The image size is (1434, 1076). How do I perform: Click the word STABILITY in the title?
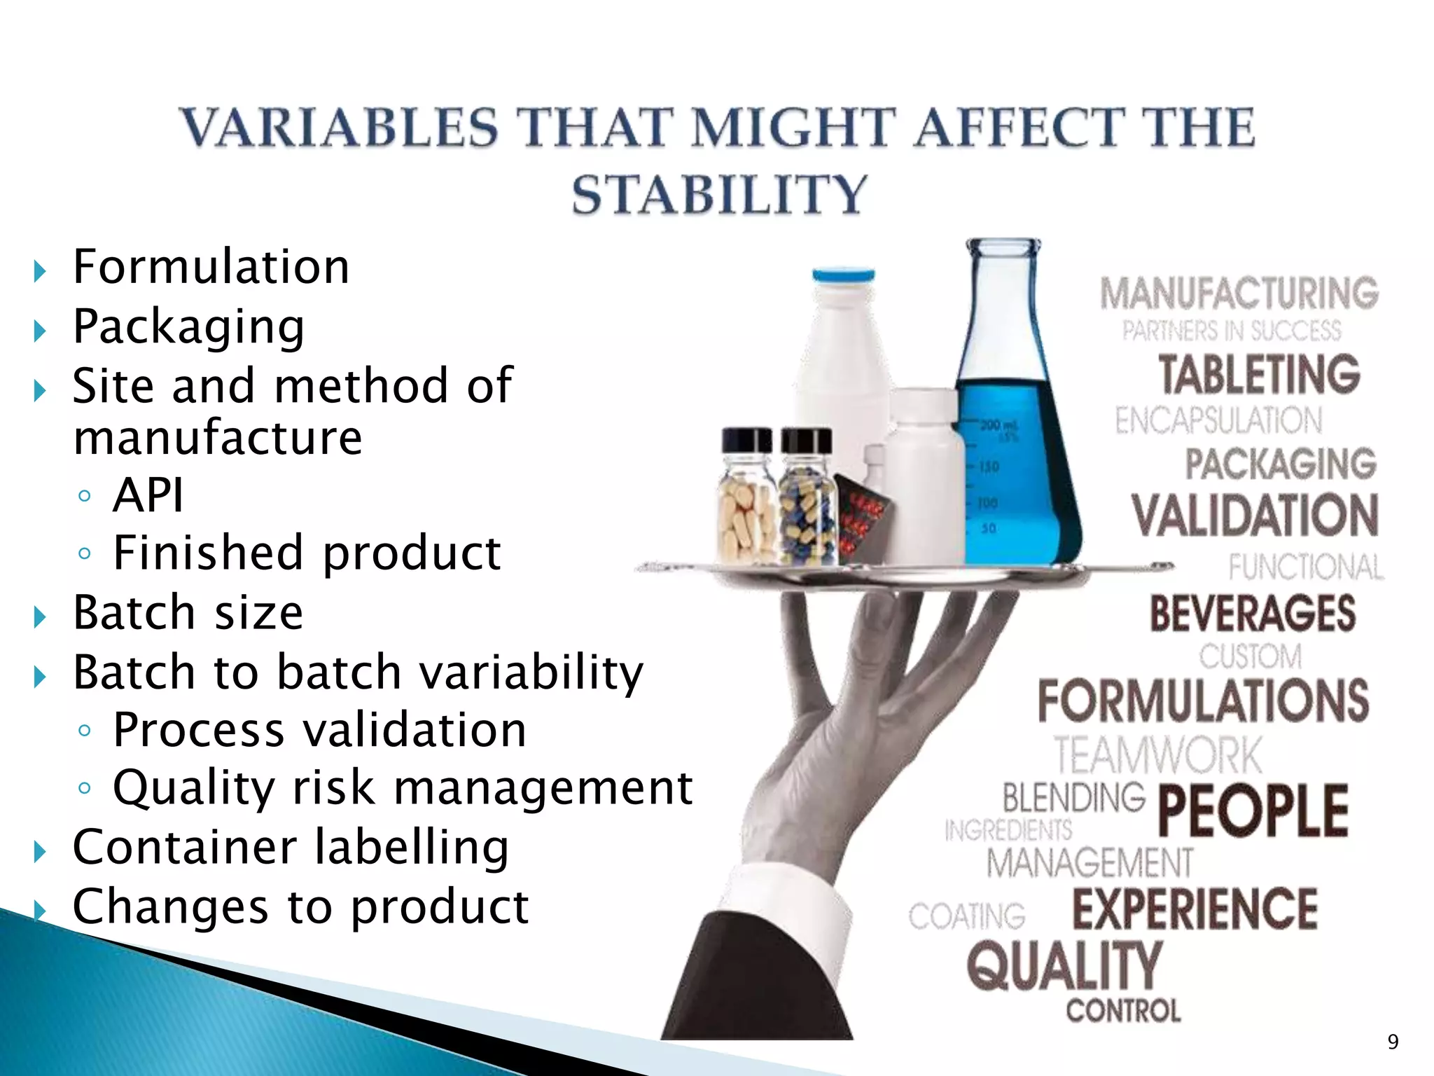pos(719,194)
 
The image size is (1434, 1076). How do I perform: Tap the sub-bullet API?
pos(148,495)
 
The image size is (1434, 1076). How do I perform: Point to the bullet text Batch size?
pos(188,612)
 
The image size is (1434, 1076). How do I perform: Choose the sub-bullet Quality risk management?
pos(403,787)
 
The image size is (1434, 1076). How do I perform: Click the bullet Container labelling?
pos(291,847)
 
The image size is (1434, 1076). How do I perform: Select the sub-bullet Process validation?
pos(319,730)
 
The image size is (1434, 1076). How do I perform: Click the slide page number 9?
pos(1393,1042)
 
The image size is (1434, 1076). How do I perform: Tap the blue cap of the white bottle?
pos(843,275)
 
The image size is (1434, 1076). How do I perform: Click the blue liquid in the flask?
pos(1015,476)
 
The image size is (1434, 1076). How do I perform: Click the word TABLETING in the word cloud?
pos(1259,375)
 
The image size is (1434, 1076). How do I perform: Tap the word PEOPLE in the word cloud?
pos(1253,811)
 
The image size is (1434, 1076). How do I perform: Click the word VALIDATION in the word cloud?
pos(1254,515)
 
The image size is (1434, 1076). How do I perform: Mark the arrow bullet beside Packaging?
pos(40,330)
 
